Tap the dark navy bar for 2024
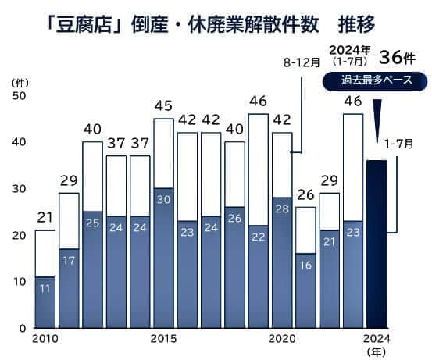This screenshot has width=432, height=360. tap(377, 244)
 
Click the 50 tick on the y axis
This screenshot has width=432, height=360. tap(18, 95)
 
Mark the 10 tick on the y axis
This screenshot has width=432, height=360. tap(18, 281)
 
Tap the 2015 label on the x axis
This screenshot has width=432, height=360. tap(162, 339)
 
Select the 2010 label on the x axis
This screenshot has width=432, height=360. tap(45, 339)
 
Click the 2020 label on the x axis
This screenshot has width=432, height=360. tap(280, 339)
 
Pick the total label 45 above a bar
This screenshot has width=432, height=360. tap(162, 105)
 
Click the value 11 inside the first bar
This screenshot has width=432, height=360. tap(45, 288)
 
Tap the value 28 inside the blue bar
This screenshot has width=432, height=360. tap(281, 209)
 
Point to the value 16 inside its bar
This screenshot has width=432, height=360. tap(305, 265)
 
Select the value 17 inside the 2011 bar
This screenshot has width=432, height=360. tap(69, 260)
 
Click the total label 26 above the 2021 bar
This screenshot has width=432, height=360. tap(305, 194)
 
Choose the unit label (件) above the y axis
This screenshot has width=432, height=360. tap(18, 81)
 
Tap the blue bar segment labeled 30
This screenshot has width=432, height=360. tap(162, 258)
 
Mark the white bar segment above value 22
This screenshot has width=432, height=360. tap(258, 169)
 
